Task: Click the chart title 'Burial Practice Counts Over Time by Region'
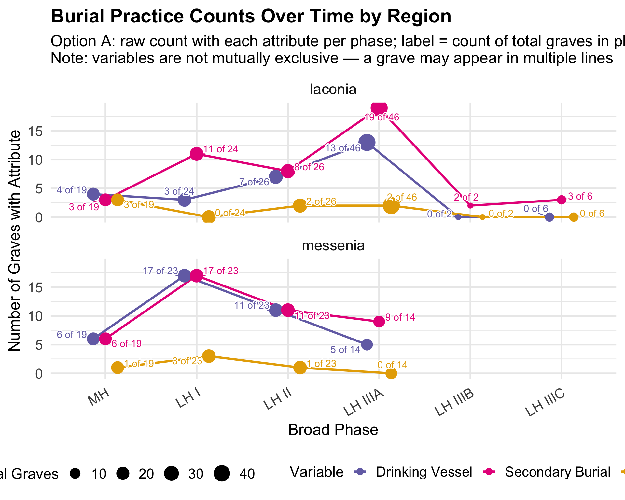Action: tap(251, 16)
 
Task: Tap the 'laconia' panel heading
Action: tap(333, 89)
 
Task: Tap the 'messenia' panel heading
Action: tap(333, 245)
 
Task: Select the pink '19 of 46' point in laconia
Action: tap(379, 108)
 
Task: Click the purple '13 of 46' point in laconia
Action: tap(367, 142)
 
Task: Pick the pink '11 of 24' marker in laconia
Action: tap(197, 154)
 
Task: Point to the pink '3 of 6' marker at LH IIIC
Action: tap(562, 200)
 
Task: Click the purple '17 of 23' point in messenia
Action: tap(185, 276)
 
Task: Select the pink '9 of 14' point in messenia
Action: tap(379, 322)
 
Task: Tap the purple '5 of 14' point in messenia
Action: tap(367, 344)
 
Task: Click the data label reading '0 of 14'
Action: tap(392, 365)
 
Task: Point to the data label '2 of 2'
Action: tap(466, 197)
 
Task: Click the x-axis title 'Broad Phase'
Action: tap(333, 430)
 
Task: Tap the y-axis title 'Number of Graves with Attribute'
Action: tap(15, 241)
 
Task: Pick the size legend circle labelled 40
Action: tap(222, 473)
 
